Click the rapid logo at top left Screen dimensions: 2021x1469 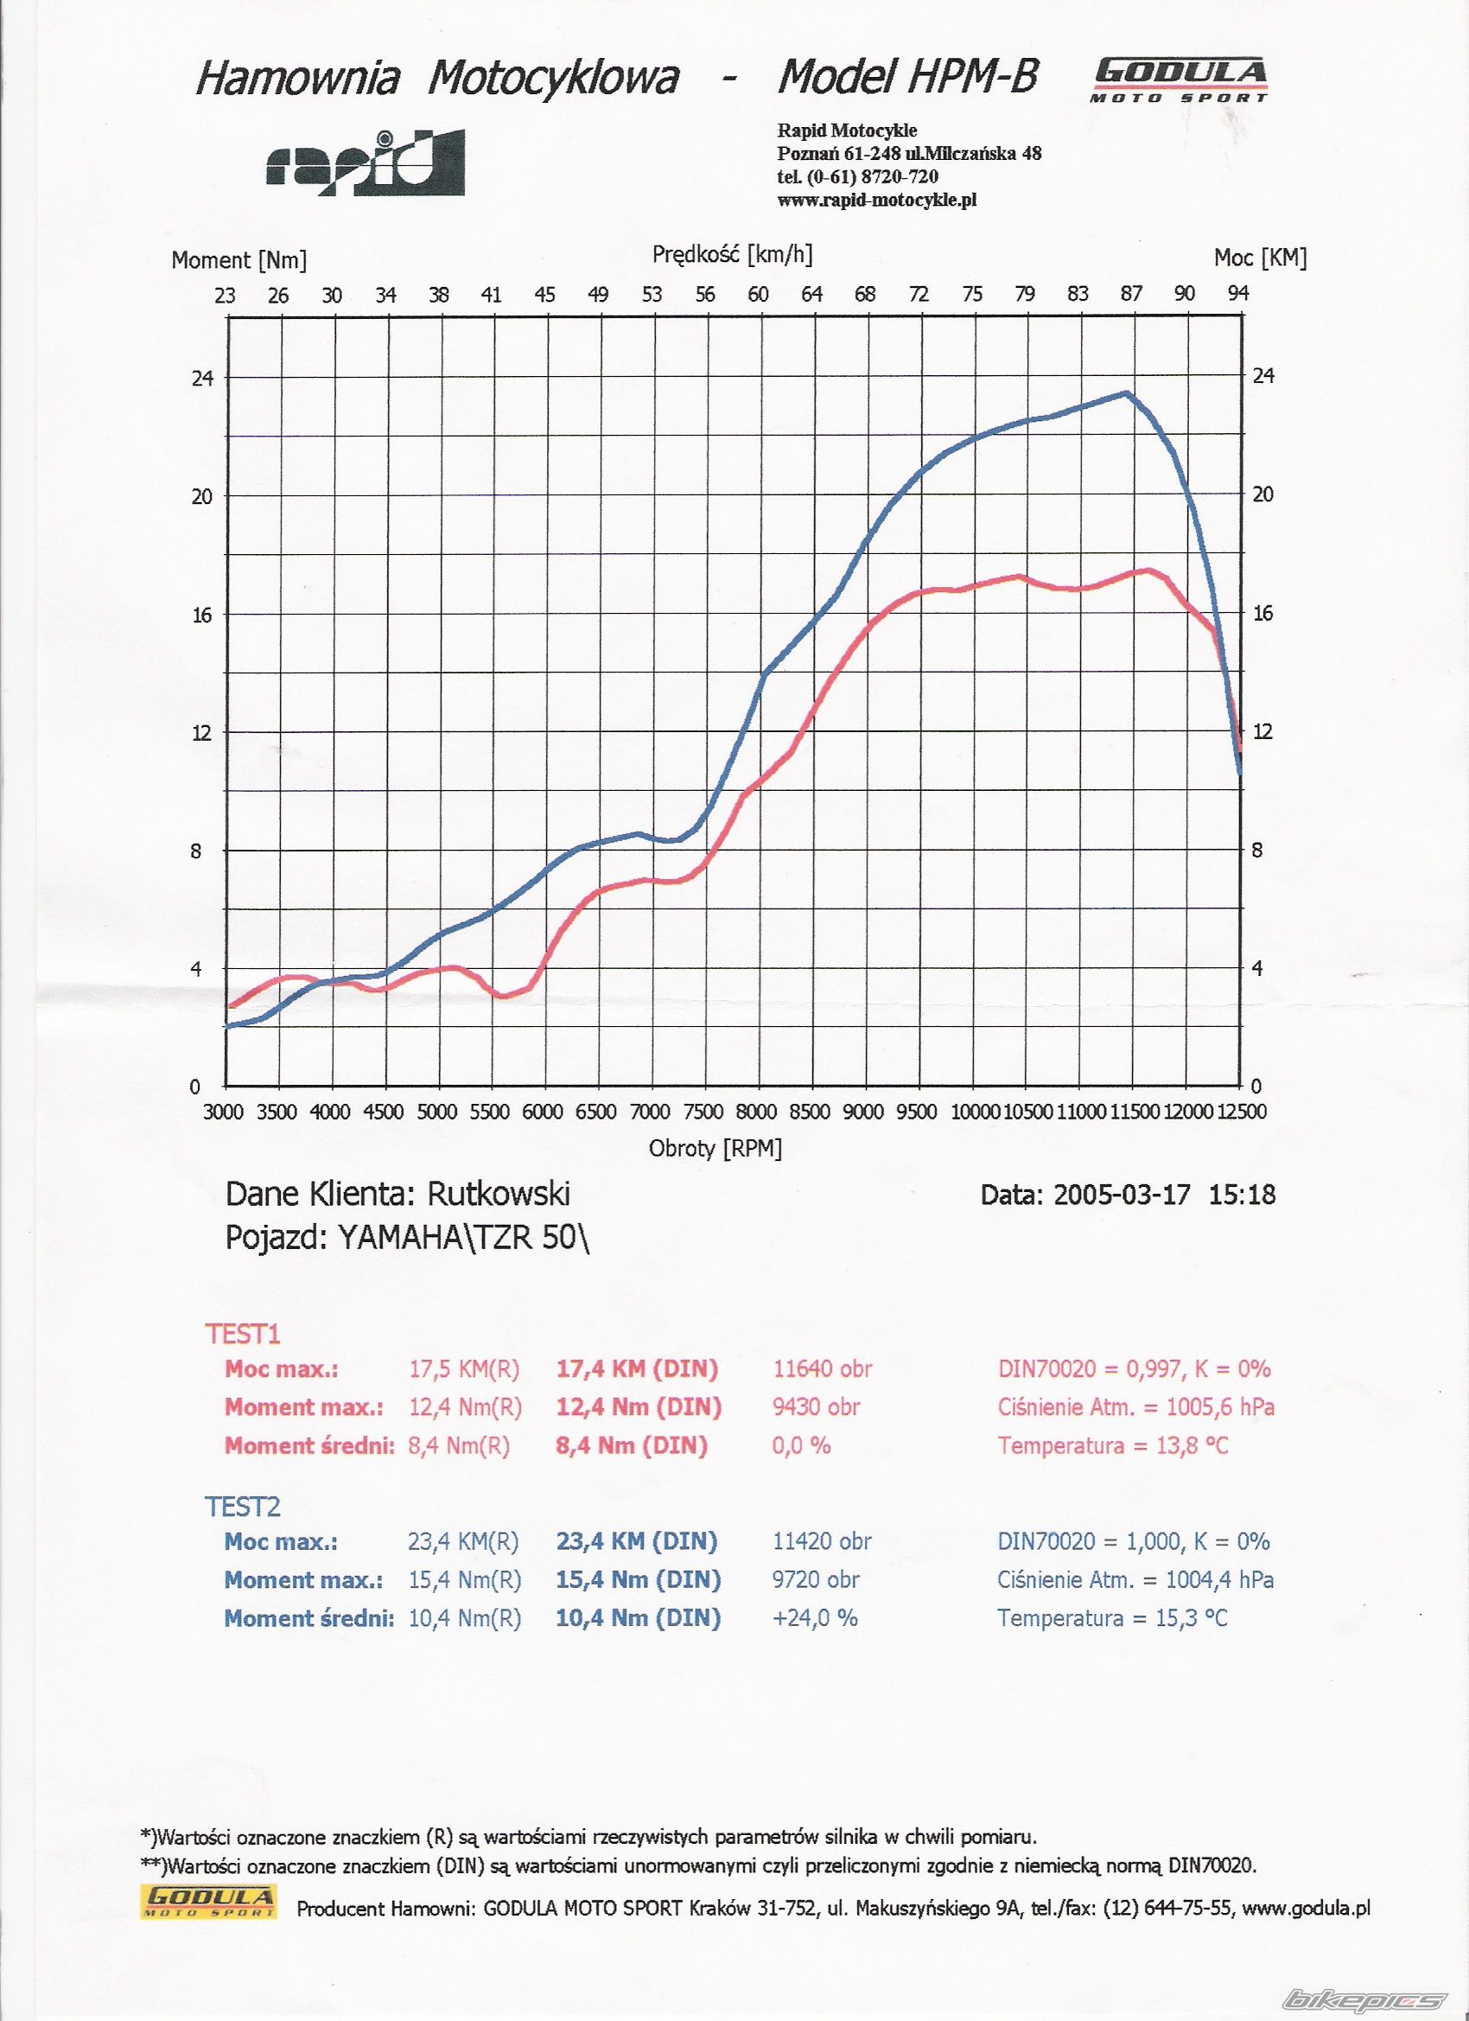click(x=366, y=163)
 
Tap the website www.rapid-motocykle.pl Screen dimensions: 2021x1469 click(x=876, y=200)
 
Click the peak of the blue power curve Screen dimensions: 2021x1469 click(x=1127, y=392)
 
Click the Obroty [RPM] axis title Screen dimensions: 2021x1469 click(x=715, y=1149)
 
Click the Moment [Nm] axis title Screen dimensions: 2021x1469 click(x=238, y=260)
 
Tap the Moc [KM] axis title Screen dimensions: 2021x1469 click(x=1260, y=258)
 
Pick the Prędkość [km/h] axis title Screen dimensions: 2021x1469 click(x=732, y=255)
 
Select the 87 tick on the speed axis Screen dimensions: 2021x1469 click(x=1130, y=294)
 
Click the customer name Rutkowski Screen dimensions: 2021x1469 click(x=499, y=1193)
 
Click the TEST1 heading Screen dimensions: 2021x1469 click(x=243, y=1334)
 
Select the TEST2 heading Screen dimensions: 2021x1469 click(x=243, y=1507)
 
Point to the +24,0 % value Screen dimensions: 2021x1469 click(x=814, y=1618)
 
